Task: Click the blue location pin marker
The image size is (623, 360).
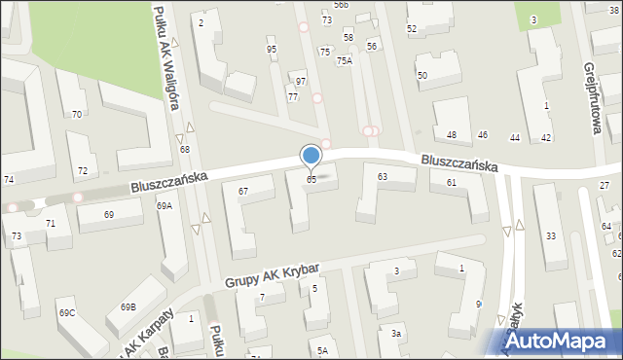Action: point(311,156)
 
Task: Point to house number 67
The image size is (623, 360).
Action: point(243,192)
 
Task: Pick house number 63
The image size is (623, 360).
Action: point(383,177)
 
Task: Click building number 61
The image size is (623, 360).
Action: point(452,183)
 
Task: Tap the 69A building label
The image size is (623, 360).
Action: point(165,206)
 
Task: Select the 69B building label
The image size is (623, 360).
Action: point(128,306)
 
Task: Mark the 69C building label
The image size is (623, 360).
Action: point(67,312)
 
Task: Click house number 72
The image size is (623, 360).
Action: point(83,171)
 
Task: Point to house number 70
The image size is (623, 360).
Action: point(77,115)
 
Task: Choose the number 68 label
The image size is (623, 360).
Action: point(184,149)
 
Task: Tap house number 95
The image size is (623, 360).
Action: point(272,50)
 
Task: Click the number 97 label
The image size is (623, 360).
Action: point(301,81)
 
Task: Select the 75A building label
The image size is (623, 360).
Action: point(344,60)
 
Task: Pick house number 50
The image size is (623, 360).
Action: point(422,75)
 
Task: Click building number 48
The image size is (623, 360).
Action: point(452,134)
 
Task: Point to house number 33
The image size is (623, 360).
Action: point(551,236)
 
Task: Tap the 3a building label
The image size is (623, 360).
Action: point(395,334)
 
